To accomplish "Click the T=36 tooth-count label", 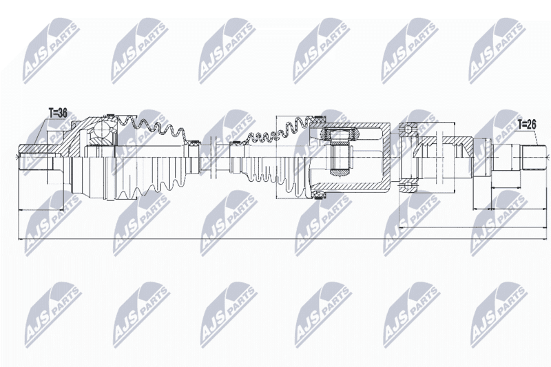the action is click(x=58, y=114).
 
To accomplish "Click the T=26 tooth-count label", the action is click(x=527, y=124).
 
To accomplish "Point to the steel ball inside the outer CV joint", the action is click(x=105, y=131).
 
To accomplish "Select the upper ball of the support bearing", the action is click(x=408, y=129).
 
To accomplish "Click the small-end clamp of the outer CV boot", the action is click(x=193, y=143).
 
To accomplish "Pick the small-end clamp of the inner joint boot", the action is click(x=235, y=143).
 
